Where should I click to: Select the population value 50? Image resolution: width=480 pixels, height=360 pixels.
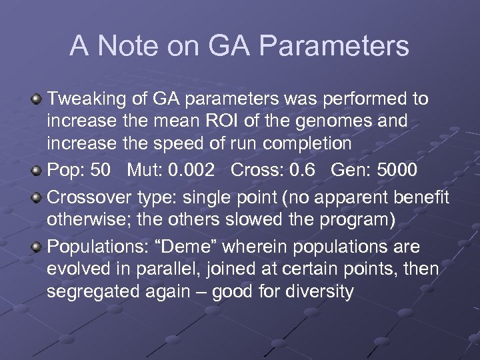click(100, 170)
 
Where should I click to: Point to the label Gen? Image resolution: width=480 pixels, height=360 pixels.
click(346, 170)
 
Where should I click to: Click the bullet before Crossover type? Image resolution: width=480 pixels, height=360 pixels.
click(37, 197)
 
